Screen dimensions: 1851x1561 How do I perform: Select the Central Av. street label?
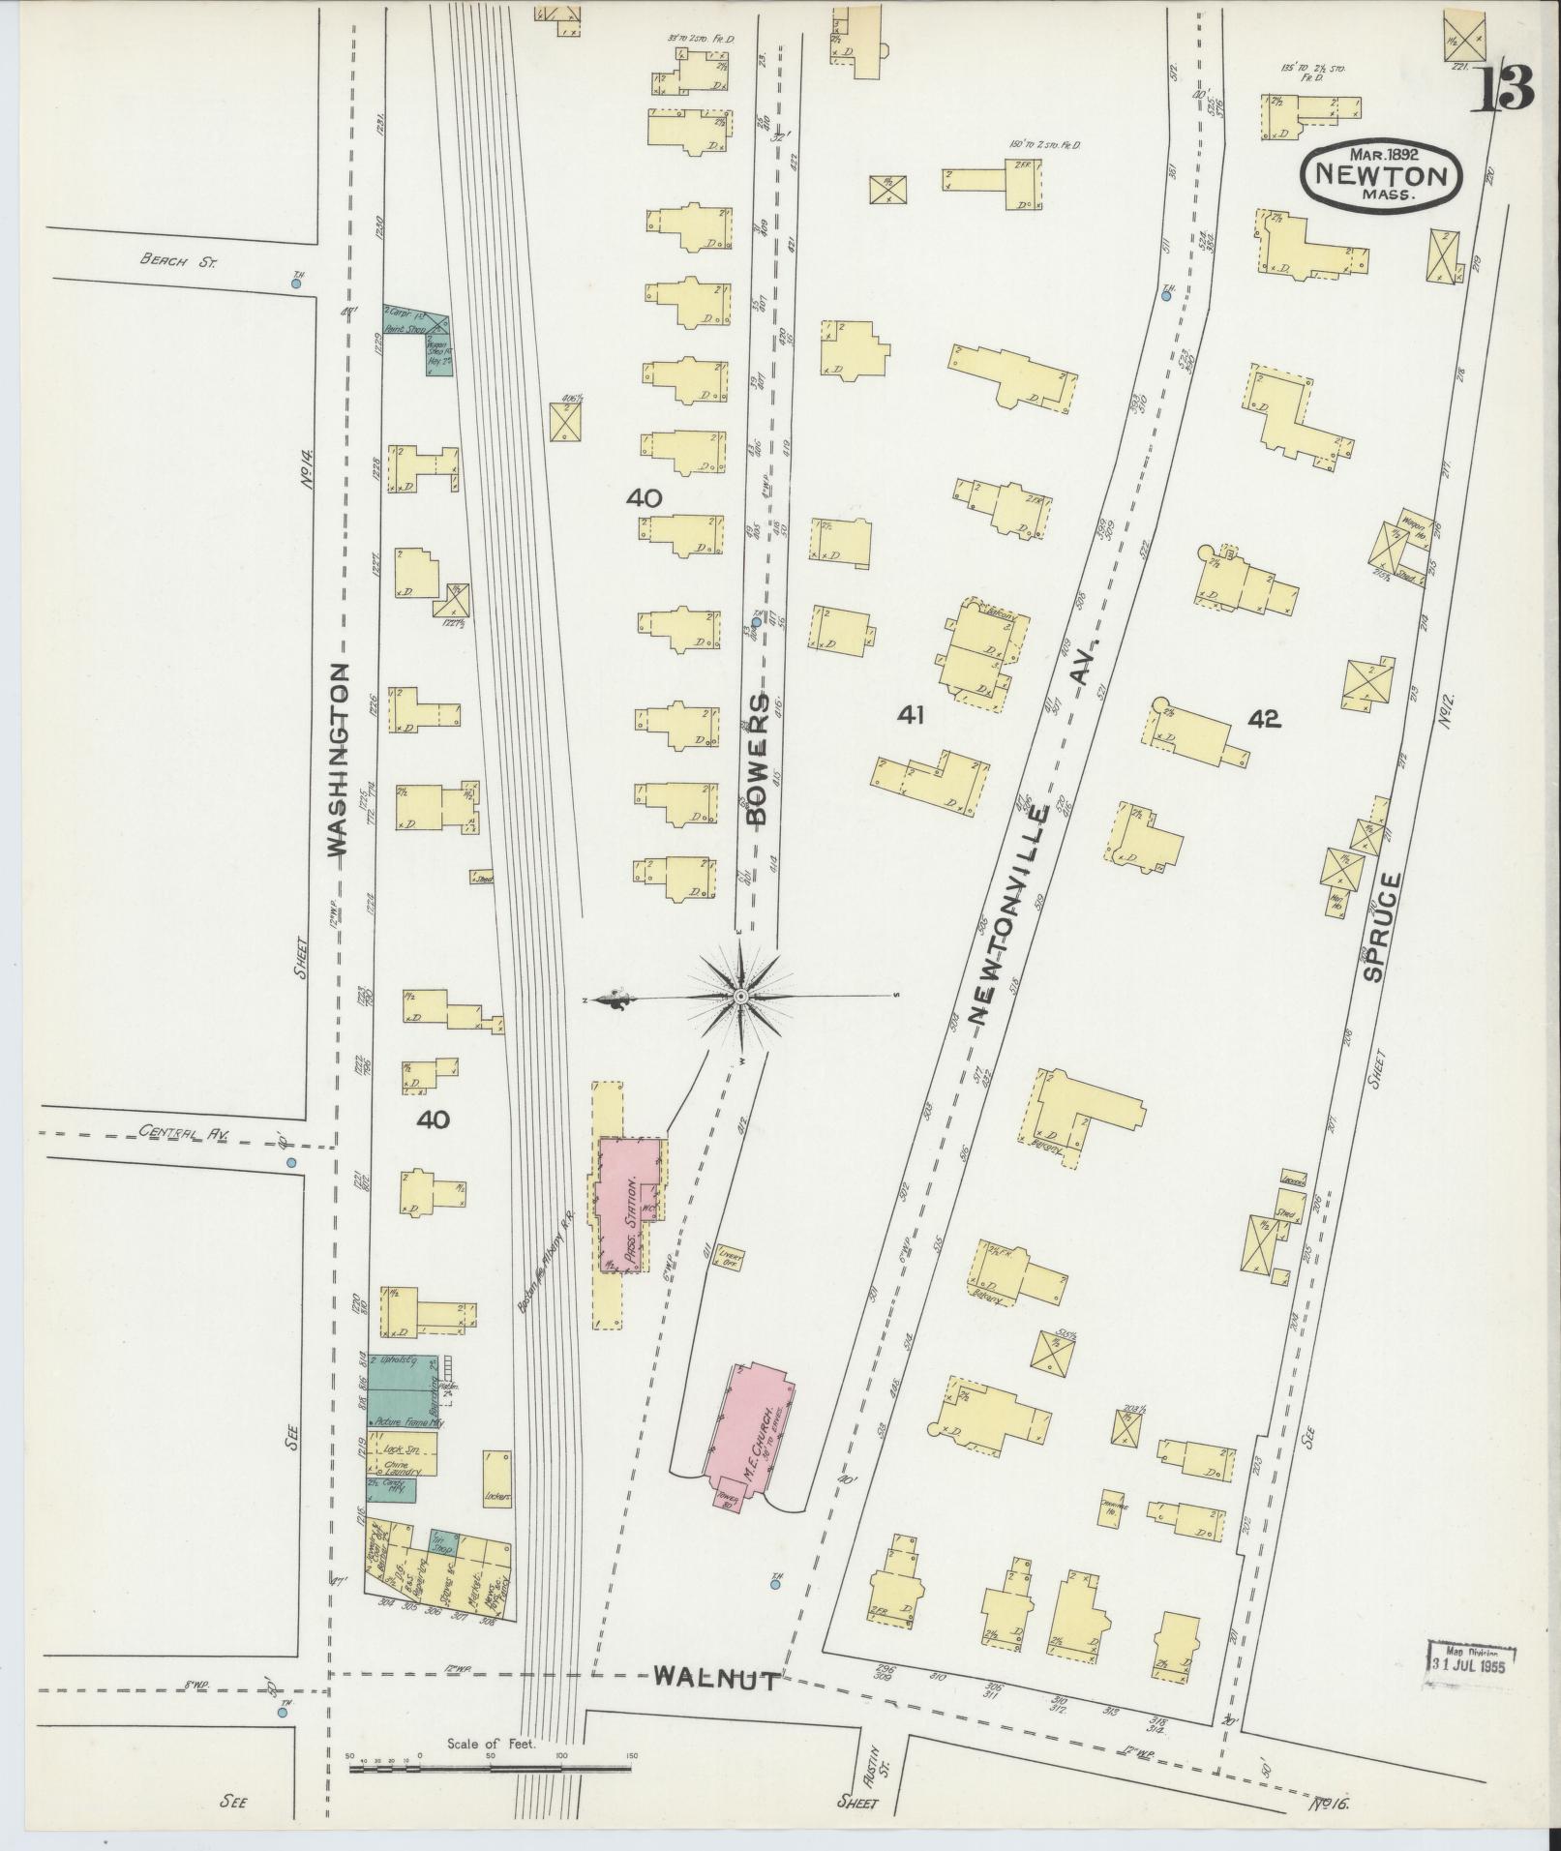pos(176,1130)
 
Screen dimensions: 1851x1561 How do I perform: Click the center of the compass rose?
pos(740,997)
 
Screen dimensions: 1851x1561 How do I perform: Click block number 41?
pos(911,715)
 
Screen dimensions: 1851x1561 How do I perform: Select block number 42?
pos(1264,718)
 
